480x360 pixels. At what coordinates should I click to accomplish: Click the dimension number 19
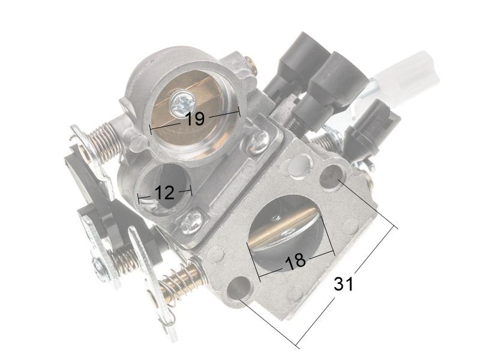click(195, 118)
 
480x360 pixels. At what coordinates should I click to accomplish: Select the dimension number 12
click(164, 193)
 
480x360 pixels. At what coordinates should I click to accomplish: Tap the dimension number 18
click(295, 261)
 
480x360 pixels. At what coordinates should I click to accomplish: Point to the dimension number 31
click(343, 284)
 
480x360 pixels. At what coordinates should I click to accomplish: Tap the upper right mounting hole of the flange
click(331, 177)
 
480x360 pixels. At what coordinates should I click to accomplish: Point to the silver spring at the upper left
click(103, 142)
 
